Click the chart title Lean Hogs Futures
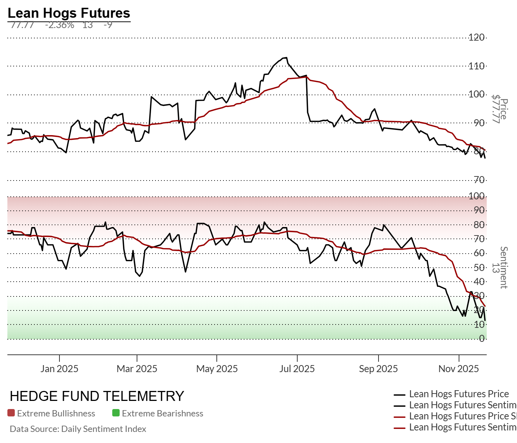click(69, 13)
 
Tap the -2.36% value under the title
click(59, 25)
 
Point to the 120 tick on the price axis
click(476, 37)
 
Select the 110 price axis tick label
click(476, 66)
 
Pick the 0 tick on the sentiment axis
click(482, 339)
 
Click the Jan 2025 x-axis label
click(59, 368)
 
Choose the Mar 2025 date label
click(137, 368)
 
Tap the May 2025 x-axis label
click(217, 368)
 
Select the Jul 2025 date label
click(297, 368)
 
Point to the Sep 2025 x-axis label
click(378, 368)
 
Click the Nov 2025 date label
click(459, 368)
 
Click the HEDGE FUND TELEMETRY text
click(97, 396)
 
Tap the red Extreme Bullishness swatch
click(11, 413)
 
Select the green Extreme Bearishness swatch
click(116, 413)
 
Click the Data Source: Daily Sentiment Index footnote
click(78, 429)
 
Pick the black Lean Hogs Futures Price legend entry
click(459, 394)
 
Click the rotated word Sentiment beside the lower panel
click(504, 267)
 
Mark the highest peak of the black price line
click(285, 58)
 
